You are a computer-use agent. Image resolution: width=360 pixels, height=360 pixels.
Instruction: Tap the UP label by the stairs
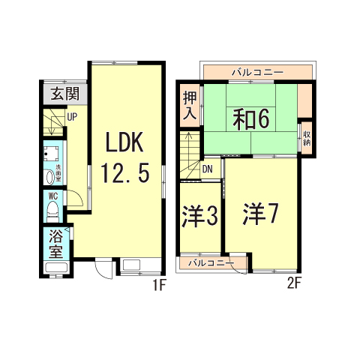pyautogui.click(x=73, y=116)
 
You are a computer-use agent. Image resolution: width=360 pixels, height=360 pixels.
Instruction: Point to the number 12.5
pyautogui.click(x=126, y=175)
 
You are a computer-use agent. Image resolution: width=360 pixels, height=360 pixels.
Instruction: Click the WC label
pyautogui.click(x=53, y=196)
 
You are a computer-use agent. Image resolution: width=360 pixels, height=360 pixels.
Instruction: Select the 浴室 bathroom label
pyautogui.click(x=55, y=243)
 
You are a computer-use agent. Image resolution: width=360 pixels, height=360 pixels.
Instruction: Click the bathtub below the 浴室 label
pyautogui.click(x=56, y=269)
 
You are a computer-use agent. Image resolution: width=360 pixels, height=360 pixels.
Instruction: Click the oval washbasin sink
pyautogui.click(x=51, y=178)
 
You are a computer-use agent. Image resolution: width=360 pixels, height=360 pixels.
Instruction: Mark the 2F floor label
pyautogui.click(x=294, y=284)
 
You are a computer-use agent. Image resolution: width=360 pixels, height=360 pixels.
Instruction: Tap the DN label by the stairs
pyautogui.click(x=208, y=169)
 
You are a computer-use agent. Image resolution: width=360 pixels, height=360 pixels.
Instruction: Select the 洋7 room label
pyautogui.click(x=260, y=214)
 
